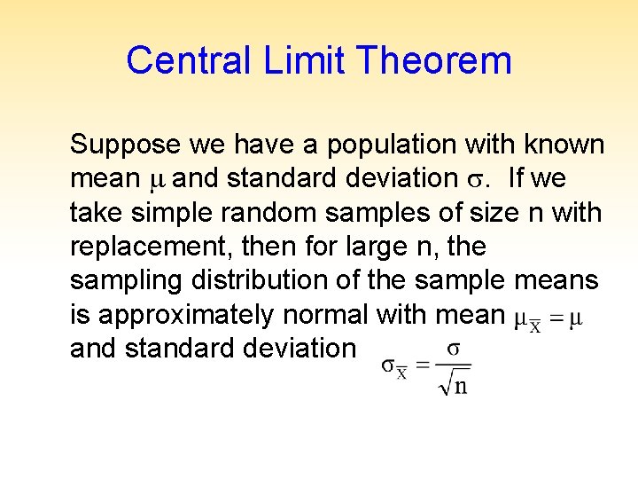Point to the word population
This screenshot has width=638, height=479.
pyautogui.click(x=378, y=145)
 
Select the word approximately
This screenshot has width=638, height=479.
pyautogui.click(x=186, y=315)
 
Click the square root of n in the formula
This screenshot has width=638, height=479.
pyautogui.click(x=454, y=384)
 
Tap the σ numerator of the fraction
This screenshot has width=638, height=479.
pyautogui.click(x=453, y=349)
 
